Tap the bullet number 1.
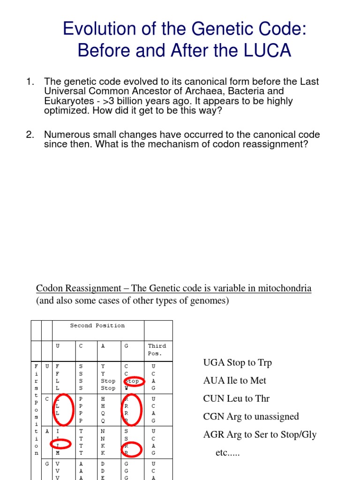tap(30, 82)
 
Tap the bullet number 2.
tap(30, 135)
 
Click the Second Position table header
tap(97, 325)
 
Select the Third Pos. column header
tap(157, 349)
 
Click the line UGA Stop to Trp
tap(237, 363)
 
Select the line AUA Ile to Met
tap(234, 381)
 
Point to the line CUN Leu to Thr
tap(236, 398)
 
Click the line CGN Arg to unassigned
tap(251, 416)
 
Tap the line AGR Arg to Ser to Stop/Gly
tap(260, 435)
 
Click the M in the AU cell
tap(57, 453)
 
